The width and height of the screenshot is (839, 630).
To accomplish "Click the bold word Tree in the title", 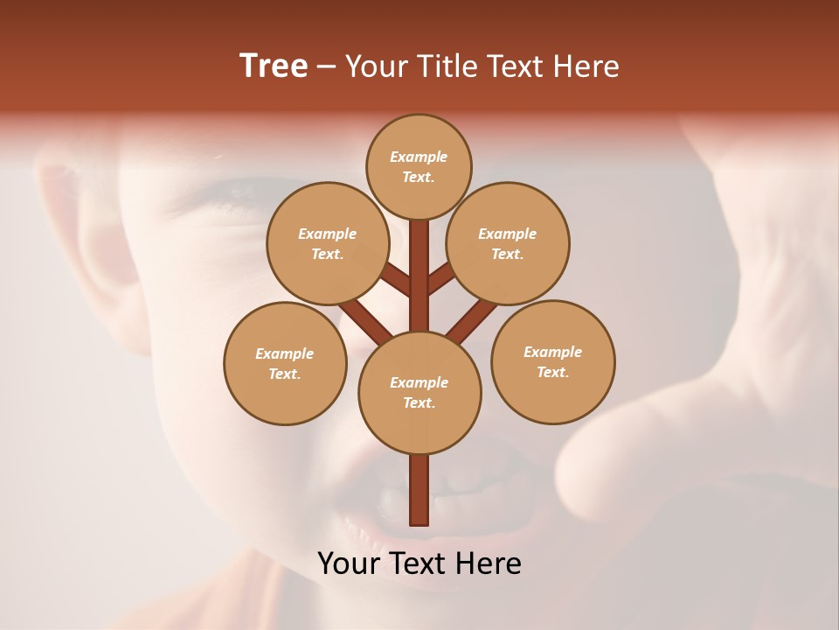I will [274, 66].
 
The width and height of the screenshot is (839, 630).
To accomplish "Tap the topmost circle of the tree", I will [419, 166].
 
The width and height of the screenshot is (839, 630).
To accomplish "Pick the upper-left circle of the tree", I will [327, 243].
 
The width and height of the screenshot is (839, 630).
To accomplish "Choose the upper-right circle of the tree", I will [508, 243].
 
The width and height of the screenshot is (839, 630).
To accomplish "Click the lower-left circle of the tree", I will [285, 363].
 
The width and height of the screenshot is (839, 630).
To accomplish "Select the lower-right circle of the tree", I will [552, 361].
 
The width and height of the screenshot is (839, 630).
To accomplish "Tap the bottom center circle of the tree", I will [419, 393].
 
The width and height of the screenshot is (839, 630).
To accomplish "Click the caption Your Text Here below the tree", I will [419, 563].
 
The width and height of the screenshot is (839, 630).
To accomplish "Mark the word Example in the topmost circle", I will [419, 157].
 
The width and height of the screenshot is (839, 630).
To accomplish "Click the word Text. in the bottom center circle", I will [419, 402].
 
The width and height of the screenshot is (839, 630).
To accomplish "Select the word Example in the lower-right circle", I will [552, 352].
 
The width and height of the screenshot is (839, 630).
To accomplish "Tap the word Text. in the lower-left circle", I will [285, 374].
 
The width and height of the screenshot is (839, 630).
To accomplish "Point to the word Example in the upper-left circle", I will [327, 234].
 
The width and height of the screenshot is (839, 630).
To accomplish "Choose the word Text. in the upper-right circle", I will [508, 254].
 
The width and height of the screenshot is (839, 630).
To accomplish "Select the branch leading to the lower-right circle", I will [472, 318].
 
